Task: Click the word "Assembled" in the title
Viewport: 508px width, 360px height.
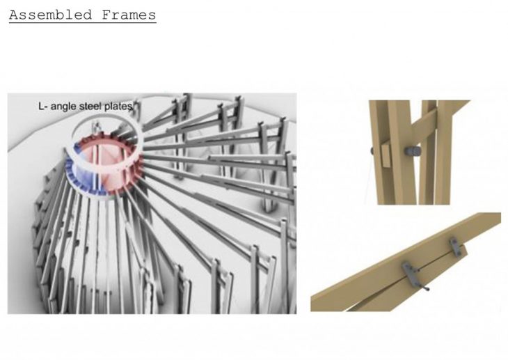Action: [x=50, y=15]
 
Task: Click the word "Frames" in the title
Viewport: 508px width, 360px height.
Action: [x=129, y=15]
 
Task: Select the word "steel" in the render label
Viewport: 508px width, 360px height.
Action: [x=90, y=106]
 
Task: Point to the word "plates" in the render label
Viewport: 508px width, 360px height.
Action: [x=118, y=106]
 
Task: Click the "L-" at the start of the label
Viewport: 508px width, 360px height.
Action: [x=43, y=106]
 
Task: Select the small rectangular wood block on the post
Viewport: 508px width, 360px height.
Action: [x=386, y=156]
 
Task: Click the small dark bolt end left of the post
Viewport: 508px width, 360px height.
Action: [x=372, y=151]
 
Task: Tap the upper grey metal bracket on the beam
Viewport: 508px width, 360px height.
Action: [x=456, y=246]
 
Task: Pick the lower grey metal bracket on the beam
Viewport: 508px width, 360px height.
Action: [x=410, y=272]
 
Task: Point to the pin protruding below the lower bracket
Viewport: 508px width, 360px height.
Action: [x=425, y=287]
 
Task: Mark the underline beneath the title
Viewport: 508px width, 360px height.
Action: [x=83, y=22]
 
